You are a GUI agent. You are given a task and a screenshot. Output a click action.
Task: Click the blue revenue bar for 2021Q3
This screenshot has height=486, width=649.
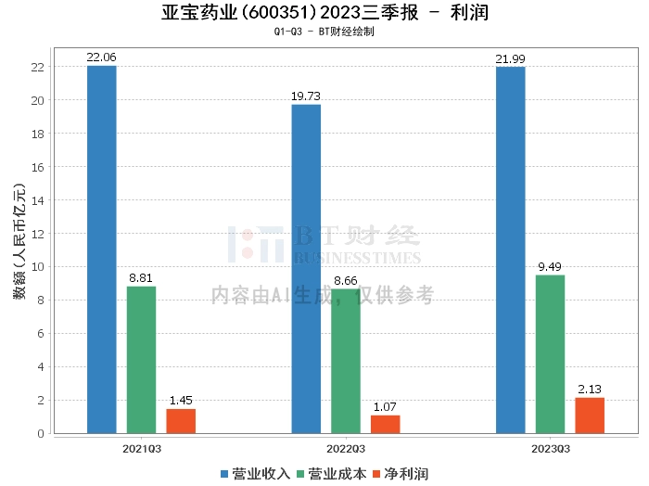(x=102, y=249)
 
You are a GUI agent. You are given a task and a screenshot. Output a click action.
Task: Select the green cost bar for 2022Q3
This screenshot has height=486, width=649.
(x=346, y=361)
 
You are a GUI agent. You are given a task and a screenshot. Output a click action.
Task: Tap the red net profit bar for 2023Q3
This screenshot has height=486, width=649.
(x=590, y=416)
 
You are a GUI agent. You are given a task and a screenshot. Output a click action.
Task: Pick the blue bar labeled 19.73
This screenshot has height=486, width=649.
(x=306, y=269)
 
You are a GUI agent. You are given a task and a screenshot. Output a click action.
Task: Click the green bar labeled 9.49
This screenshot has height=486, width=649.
(x=550, y=354)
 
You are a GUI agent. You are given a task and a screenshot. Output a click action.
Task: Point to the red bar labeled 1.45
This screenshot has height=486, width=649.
(x=181, y=421)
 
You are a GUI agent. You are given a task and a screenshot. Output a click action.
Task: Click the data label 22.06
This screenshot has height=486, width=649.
(x=101, y=58)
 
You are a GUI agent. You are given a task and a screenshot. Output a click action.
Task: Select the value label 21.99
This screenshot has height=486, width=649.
(x=510, y=58)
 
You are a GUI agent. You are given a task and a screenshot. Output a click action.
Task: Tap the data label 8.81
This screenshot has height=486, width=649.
(x=141, y=277)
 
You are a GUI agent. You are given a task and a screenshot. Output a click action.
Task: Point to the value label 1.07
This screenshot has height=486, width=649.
(x=385, y=407)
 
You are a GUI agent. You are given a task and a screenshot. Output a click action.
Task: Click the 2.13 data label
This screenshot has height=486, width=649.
(x=590, y=390)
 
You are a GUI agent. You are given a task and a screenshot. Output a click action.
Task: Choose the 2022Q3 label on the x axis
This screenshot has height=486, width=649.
(x=346, y=449)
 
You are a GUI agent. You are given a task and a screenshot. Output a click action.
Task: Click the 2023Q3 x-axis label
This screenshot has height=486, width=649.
(x=551, y=449)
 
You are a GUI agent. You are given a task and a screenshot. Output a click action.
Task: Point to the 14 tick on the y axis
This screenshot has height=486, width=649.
(x=38, y=200)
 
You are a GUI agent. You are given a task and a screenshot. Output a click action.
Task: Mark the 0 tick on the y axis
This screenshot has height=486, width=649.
(x=41, y=433)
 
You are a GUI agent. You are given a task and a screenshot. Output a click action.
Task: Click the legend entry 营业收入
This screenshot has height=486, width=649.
(x=255, y=474)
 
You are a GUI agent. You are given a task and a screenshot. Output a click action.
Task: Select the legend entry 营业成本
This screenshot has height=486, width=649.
(x=332, y=474)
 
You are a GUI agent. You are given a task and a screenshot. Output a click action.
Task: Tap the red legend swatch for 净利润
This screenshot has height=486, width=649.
(x=376, y=474)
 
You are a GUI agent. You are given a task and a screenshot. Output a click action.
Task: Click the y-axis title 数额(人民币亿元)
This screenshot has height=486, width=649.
(x=19, y=241)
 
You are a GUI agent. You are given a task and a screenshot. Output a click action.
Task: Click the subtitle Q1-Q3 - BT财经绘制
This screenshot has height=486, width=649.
(x=324, y=32)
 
